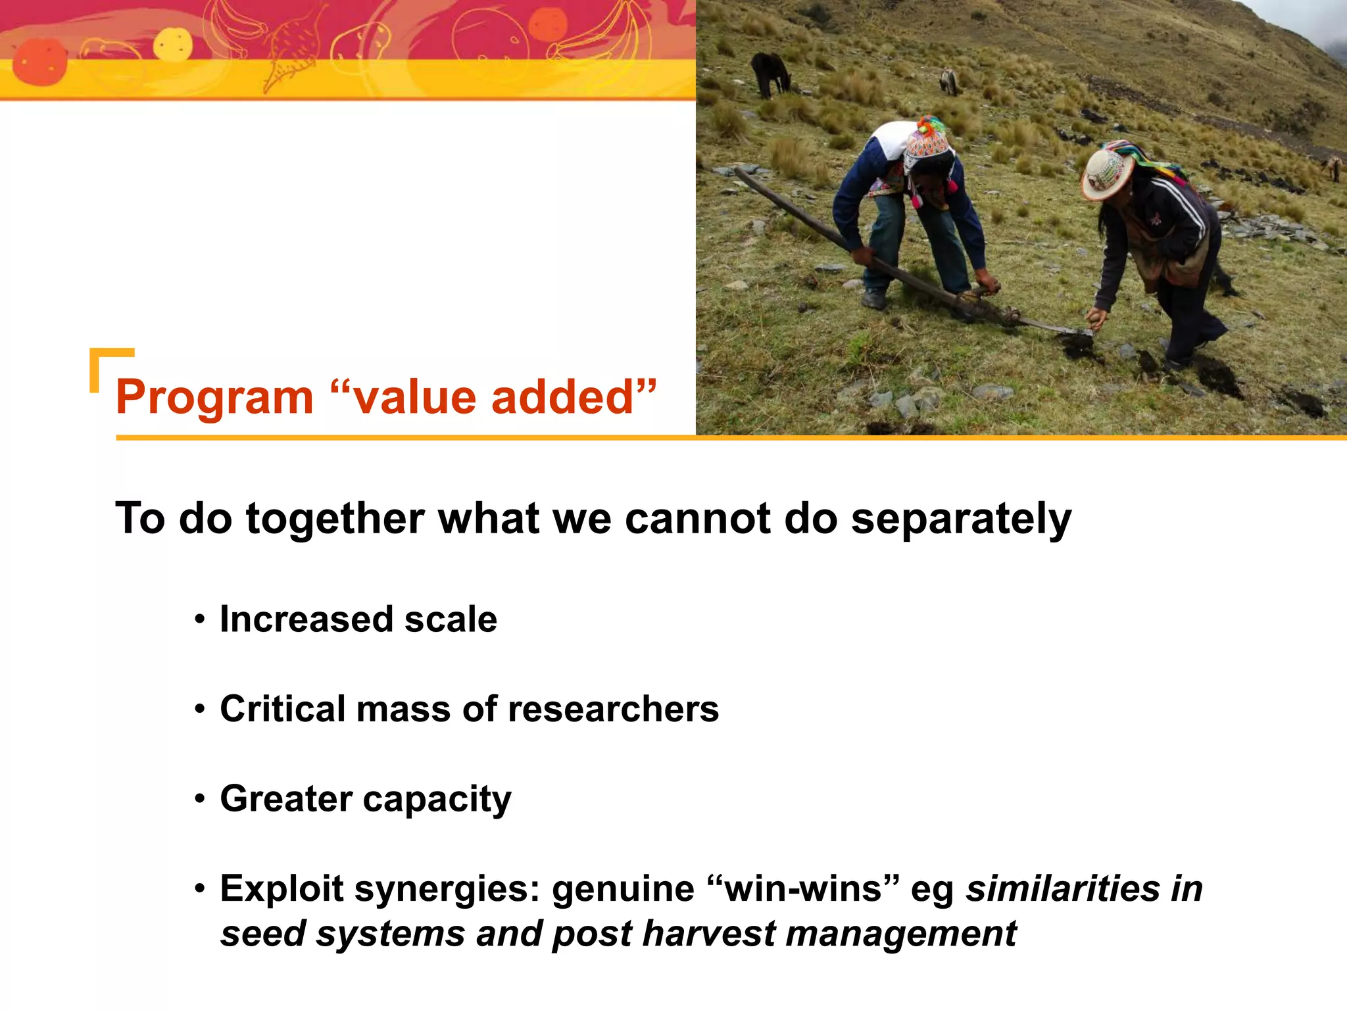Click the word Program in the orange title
pos(214,398)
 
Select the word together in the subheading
pos(334,519)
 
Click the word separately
pos(961,519)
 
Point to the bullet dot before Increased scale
pos(200,620)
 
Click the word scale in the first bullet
pos(451,619)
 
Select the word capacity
pos(437,800)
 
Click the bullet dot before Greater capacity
pos(200,800)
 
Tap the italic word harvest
pos(708,934)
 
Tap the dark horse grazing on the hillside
pos(770,72)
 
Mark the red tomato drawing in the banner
pos(39,62)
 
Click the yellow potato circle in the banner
pos(173,45)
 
